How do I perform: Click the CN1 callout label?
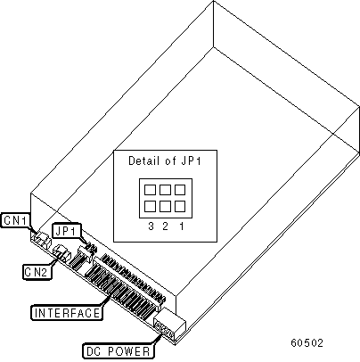(15, 220)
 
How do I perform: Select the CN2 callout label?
(37, 272)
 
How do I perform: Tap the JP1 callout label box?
(67, 230)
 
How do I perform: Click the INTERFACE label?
(67, 313)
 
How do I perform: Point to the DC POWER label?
(119, 351)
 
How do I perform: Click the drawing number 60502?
(307, 343)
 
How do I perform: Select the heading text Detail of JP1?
(165, 160)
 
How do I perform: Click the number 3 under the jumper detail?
(151, 226)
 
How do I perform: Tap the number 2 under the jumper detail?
(165, 226)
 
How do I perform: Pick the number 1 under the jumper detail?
(181, 226)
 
